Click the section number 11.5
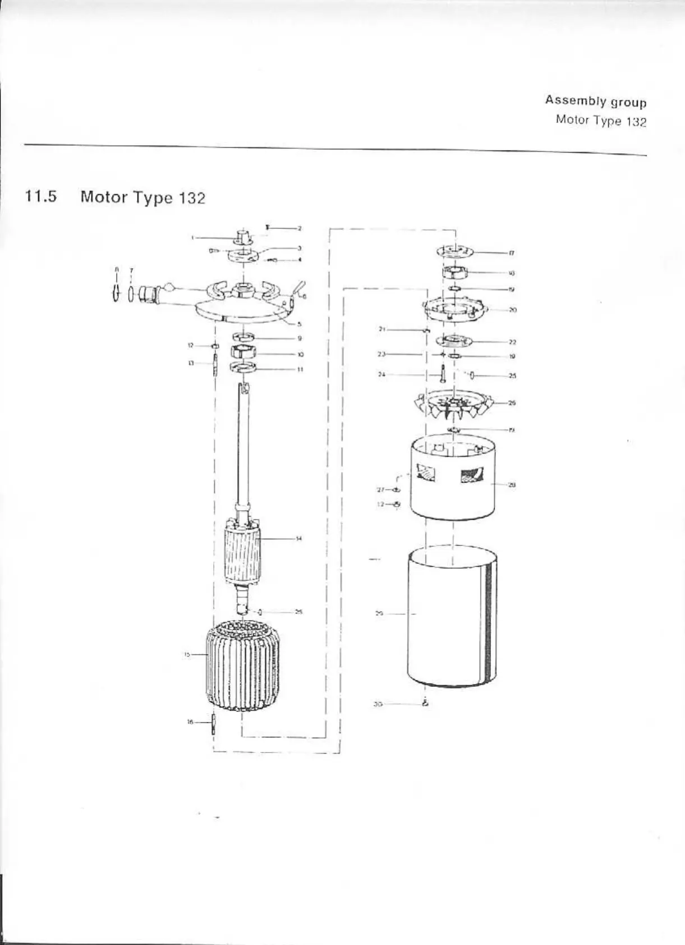[x=40, y=197]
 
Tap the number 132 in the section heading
[x=192, y=198]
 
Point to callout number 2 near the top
[x=300, y=228]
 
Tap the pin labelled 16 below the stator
[x=213, y=724]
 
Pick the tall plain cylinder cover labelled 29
[x=452, y=617]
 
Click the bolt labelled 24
[x=443, y=373]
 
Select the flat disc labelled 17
[x=454, y=251]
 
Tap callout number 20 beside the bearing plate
[x=512, y=310]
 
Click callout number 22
[x=512, y=342]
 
